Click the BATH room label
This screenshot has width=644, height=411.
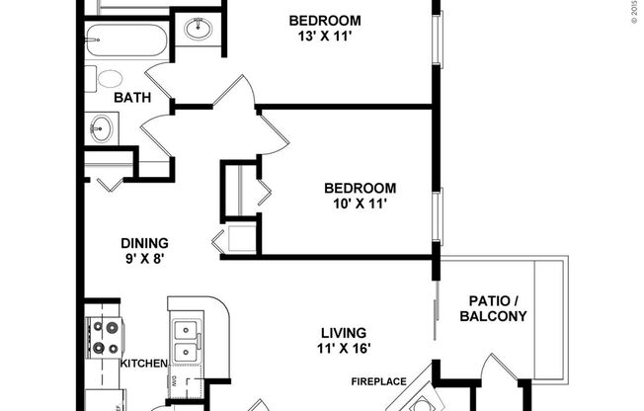click(131, 98)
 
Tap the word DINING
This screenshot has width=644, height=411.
click(144, 243)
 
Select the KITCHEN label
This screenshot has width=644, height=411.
click(143, 364)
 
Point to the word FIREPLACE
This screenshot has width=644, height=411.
click(377, 379)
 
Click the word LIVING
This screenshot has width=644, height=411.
click(344, 332)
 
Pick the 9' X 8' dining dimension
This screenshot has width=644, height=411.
click(144, 260)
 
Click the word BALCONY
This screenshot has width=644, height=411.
click(493, 317)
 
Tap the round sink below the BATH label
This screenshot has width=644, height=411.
click(100, 127)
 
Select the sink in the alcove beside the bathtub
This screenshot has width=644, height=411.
click(199, 29)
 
